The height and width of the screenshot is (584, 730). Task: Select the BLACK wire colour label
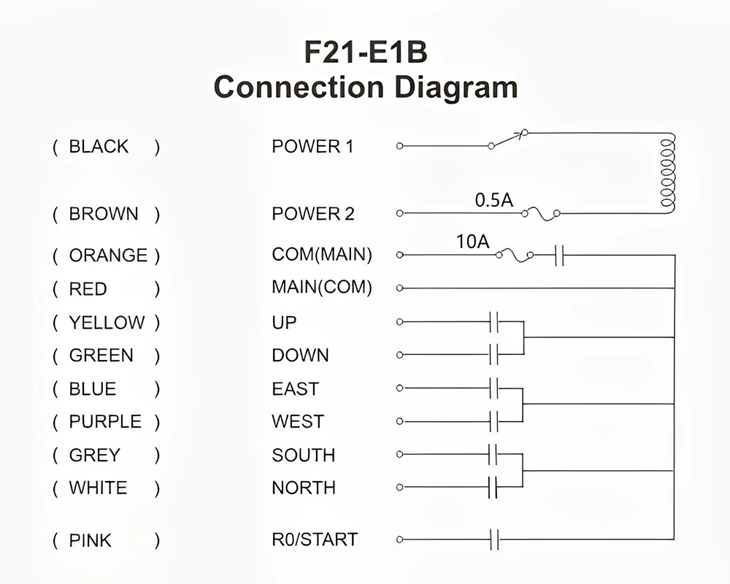(99, 147)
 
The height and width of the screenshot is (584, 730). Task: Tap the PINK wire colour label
(91, 541)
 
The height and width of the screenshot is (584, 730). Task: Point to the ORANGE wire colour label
(108, 255)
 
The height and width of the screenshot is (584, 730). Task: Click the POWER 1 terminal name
(312, 147)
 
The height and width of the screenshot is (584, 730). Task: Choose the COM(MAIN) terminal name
(322, 255)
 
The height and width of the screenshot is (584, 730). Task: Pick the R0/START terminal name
(315, 540)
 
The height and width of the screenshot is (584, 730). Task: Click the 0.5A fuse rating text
(494, 200)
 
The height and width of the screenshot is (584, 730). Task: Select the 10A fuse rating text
(472, 242)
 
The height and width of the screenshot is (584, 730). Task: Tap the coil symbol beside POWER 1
(666, 173)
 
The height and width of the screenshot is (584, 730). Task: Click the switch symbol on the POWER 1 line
(509, 139)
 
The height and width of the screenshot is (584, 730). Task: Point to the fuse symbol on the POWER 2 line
(541, 213)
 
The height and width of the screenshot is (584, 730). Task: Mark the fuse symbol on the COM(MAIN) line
(514, 255)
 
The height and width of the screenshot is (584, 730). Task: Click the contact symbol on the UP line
(493, 321)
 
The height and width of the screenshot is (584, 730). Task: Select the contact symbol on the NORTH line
(493, 487)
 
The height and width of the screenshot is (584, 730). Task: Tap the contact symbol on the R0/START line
(494, 540)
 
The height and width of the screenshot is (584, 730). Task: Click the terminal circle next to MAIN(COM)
(399, 288)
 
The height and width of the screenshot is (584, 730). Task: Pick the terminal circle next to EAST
(399, 388)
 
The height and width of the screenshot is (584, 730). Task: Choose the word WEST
(297, 422)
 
